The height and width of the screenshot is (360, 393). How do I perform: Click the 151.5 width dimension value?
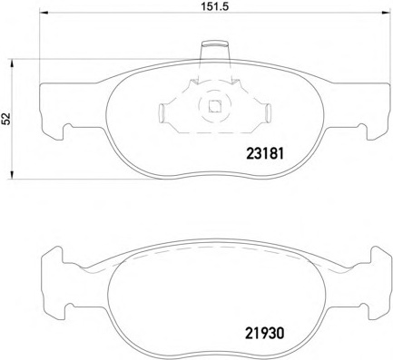click(215, 5)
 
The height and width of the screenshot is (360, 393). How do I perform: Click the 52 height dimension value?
click(6, 119)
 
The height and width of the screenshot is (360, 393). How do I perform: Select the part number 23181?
click(265, 153)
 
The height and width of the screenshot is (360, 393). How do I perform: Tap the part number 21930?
click(265, 334)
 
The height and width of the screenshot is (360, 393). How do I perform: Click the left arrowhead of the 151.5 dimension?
click(44, 13)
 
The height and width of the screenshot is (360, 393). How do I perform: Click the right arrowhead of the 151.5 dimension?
click(386, 13)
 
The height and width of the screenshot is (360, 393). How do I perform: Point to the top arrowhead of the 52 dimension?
click(12, 63)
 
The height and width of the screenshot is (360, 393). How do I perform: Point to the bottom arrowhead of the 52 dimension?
click(12, 174)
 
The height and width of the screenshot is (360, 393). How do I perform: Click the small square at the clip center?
click(214, 105)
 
